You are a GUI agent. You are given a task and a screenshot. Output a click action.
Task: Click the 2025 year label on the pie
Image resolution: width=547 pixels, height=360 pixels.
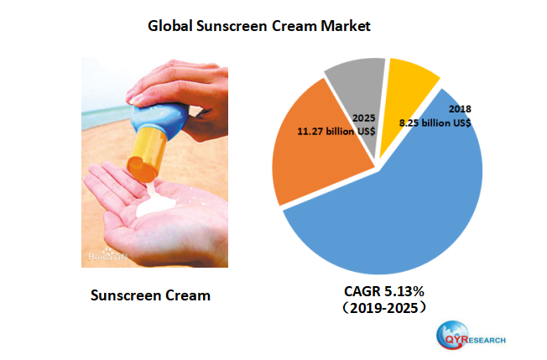pos(364,119)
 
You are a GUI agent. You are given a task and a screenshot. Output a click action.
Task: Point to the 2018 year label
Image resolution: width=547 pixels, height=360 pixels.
pos(461,109)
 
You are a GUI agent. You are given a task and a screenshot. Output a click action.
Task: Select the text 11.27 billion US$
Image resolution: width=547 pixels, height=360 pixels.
pos(335,131)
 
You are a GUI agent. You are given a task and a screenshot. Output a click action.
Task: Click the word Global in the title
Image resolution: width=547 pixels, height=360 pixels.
pos(171,26)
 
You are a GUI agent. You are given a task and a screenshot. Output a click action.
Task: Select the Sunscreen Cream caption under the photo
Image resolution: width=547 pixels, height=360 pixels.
pos(149,295)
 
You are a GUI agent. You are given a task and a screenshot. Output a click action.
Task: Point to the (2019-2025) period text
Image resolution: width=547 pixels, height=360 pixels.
pos(382,308)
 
